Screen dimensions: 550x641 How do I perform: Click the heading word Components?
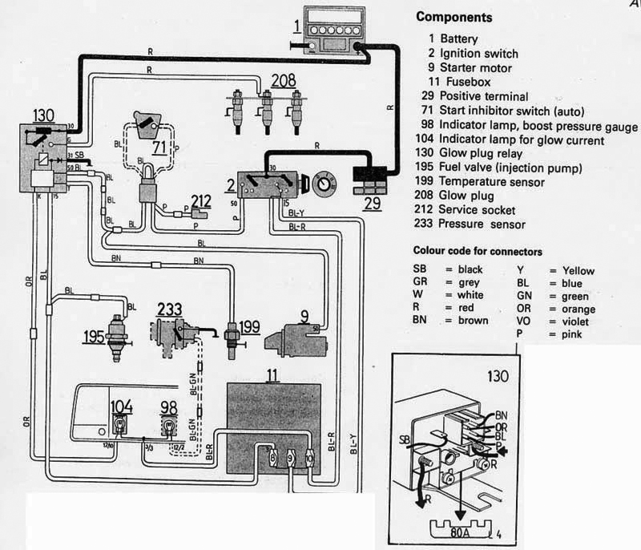pyautogui.click(x=454, y=18)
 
